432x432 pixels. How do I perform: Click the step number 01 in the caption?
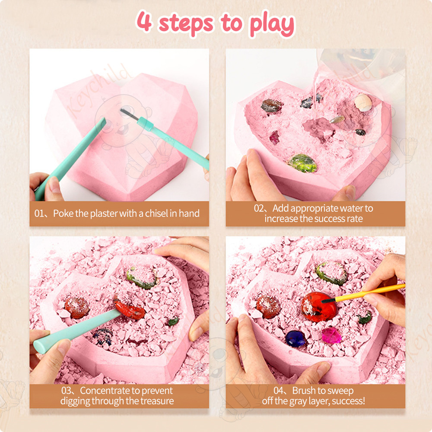39,213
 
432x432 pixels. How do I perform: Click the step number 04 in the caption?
279,391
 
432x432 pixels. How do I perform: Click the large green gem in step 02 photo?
303,163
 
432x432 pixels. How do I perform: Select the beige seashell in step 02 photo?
363,103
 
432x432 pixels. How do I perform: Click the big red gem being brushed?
319,307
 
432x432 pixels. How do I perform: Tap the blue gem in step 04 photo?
295,339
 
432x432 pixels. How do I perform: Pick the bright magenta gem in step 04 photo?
331,335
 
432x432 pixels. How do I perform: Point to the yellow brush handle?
370,292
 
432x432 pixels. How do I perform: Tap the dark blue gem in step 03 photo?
103,336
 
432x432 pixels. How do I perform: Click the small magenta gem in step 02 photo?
274,137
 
